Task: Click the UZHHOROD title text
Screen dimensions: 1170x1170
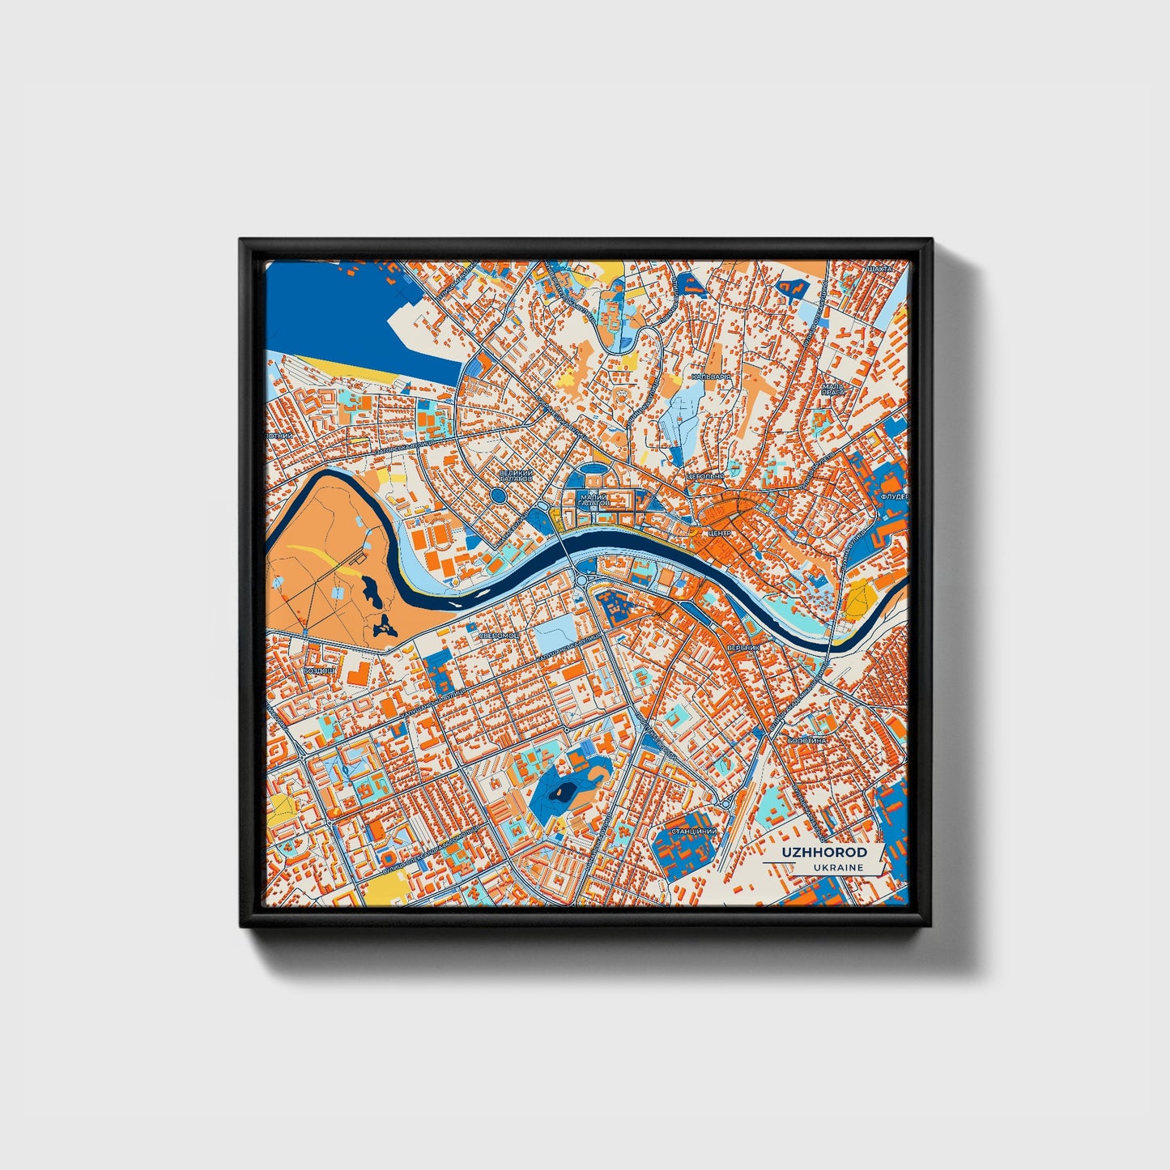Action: click(x=824, y=853)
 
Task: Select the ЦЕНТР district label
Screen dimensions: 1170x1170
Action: click(x=719, y=534)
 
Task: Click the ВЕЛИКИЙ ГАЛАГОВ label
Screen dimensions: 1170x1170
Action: click(x=516, y=476)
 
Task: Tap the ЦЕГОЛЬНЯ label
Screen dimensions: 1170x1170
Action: click(x=704, y=477)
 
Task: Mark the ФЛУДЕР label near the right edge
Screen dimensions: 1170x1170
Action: click(x=894, y=496)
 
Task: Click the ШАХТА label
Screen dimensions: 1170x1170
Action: click(x=879, y=268)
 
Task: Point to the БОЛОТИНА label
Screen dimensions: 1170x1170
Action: click(x=807, y=740)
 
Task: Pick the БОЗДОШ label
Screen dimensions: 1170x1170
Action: click(x=318, y=670)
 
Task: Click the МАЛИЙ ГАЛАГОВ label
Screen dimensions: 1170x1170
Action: click(x=594, y=500)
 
